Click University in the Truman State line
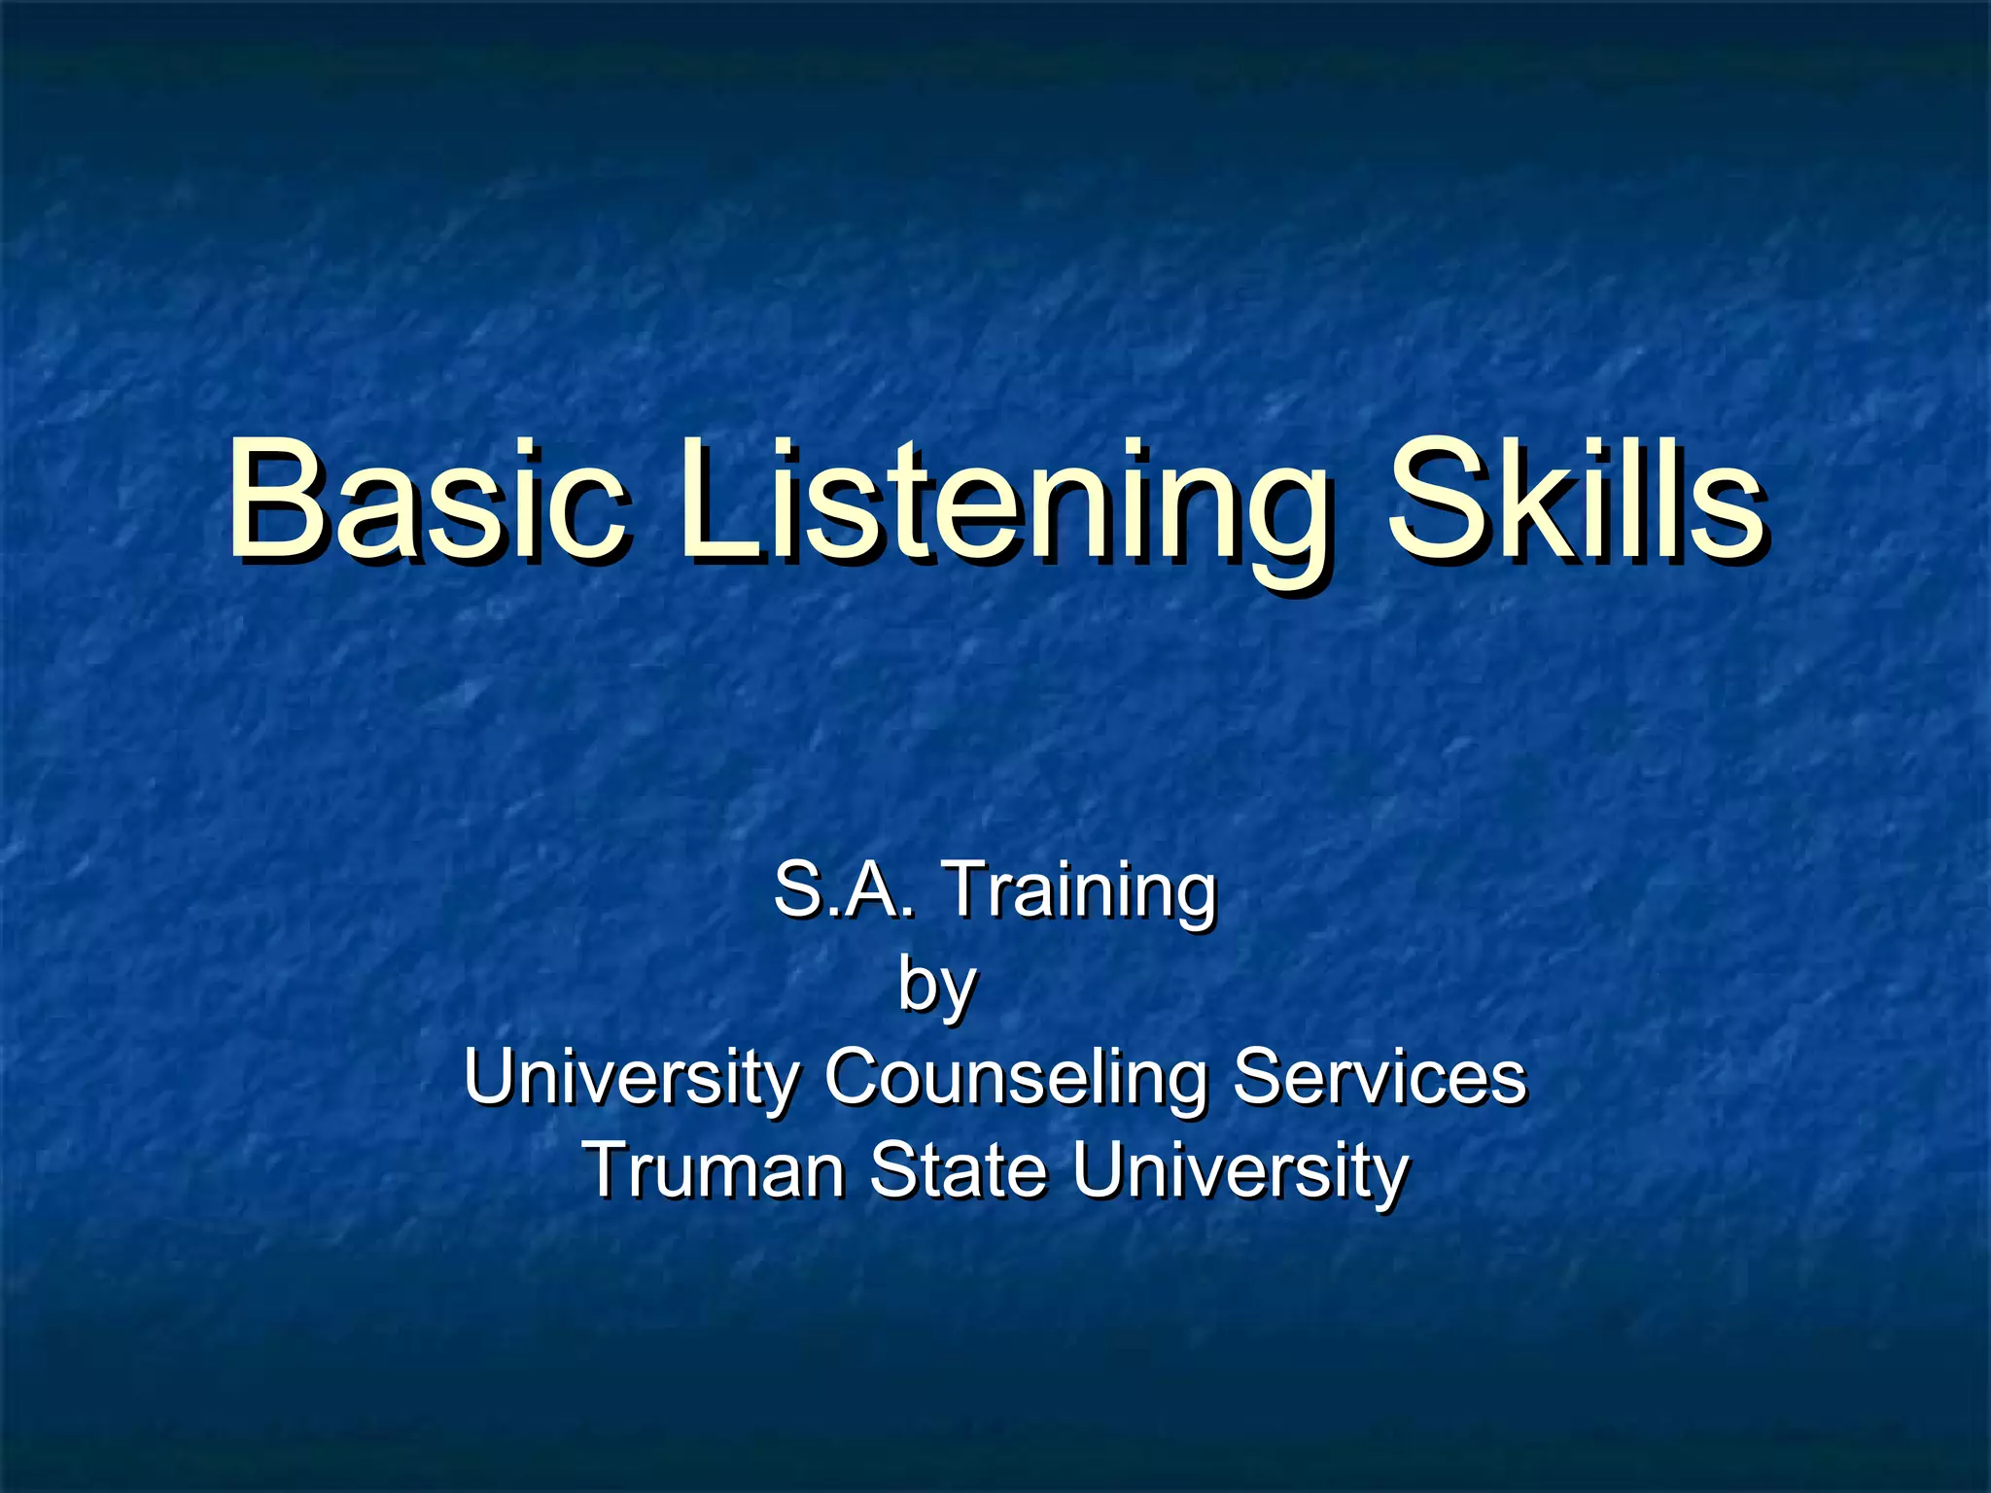coord(1240,1171)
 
